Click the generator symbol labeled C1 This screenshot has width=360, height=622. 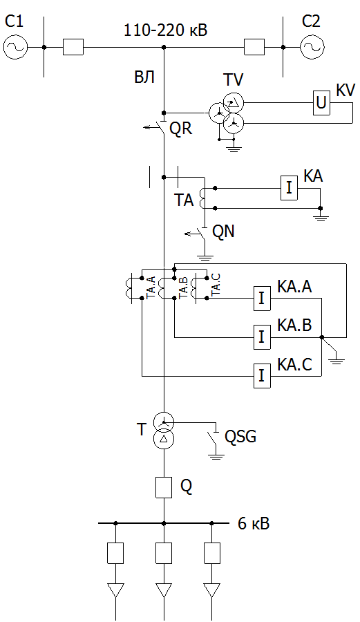[15, 47]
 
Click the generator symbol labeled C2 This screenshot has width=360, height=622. [312, 47]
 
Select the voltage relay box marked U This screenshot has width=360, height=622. [321, 103]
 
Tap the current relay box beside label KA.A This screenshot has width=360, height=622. [262, 299]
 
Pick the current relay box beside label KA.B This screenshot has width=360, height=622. [262, 337]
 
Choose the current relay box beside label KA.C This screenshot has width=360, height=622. [262, 375]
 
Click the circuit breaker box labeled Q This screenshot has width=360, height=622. [164, 487]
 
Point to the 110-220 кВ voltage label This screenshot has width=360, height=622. [166, 30]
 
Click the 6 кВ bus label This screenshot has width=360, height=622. [254, 524]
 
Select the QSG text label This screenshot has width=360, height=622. [240, 436]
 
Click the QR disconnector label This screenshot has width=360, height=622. [181, 128]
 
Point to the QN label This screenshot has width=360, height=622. [224, 231]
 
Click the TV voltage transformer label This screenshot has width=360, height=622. [234, 80]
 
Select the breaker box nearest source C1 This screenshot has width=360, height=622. [73, 47]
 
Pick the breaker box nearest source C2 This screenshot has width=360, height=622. [254, 47]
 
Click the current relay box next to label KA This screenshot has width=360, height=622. [289, 188]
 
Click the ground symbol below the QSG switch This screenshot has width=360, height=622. [216, 455]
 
